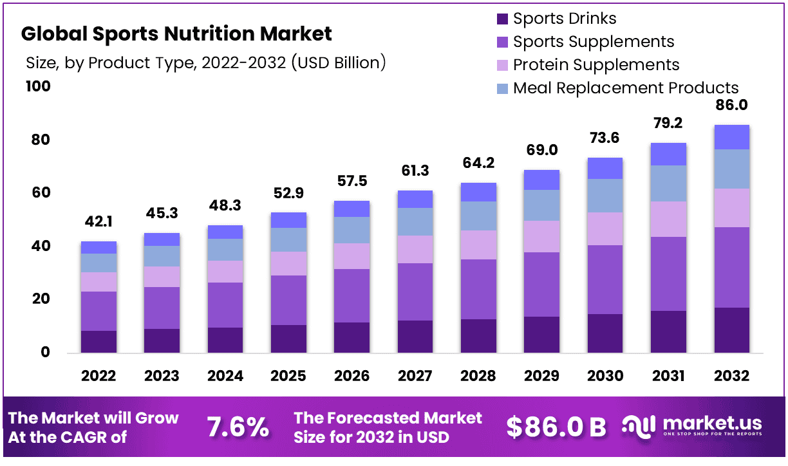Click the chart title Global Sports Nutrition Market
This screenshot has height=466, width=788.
(x=177, y=33)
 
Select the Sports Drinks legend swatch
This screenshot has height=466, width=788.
(x=503, y=19)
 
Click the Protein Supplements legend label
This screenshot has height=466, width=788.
(x=596, y=65)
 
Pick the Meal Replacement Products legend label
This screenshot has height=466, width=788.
(x=626, y=88)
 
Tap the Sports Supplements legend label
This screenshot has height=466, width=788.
(x=594, y=42)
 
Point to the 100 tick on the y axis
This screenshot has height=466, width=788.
(x=37, y=86)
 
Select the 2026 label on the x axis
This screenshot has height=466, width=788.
(x=352, y=376)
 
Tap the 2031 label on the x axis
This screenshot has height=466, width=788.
(x=668, y=376)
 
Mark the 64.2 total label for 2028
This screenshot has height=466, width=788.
(x=478, y=163)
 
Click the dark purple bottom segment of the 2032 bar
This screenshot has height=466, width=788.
(x=731, y=330)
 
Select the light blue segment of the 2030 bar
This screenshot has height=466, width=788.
(x=605, y=196)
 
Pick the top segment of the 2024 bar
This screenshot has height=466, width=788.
(x=225, y=232)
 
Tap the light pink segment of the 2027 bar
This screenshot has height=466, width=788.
(x=415, y=249)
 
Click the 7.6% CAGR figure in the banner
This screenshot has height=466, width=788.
(x=238, y=427)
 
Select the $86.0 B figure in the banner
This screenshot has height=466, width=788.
(x=556, y=427)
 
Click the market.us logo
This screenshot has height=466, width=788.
(x=692, y=427)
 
